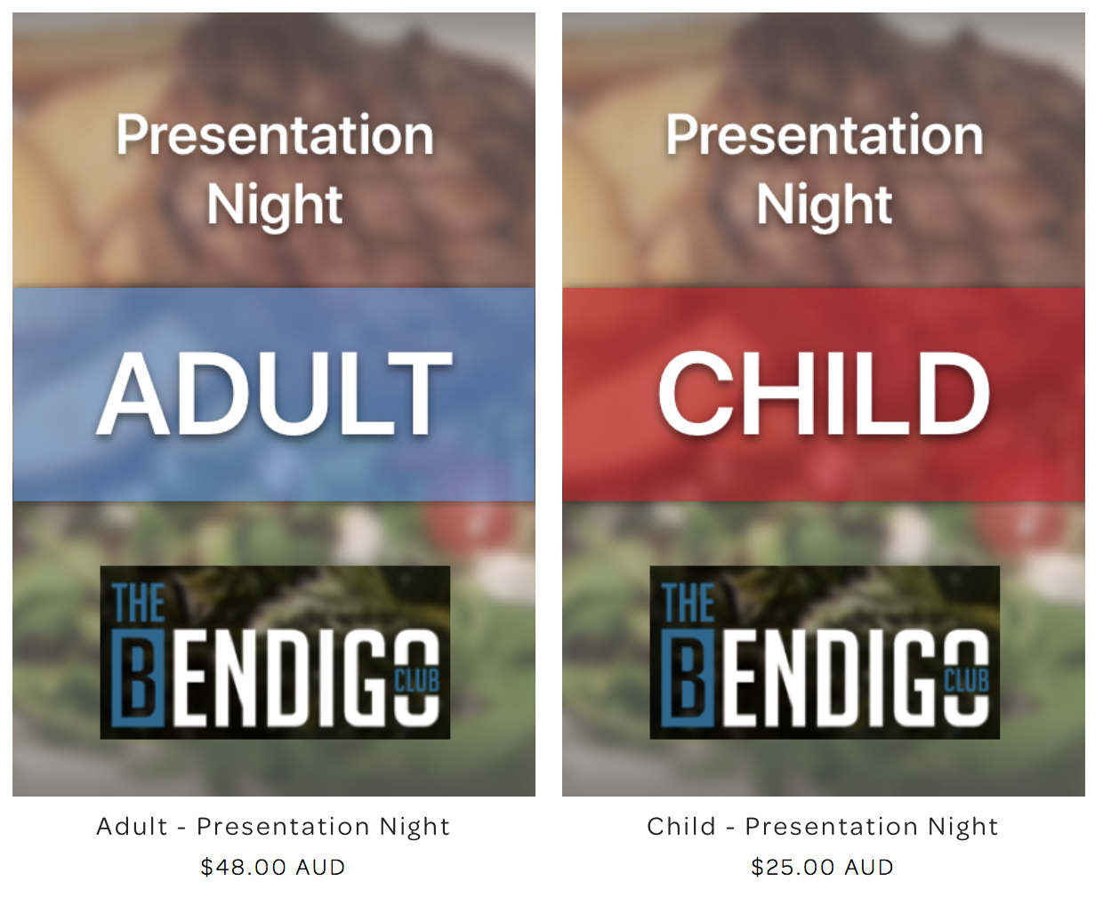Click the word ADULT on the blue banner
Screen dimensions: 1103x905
[274, 393]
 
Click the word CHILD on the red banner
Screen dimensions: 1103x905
[823, 393]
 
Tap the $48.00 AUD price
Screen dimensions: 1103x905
[272, 868]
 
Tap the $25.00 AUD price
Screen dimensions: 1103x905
[822, 868]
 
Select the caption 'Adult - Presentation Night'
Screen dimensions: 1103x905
[273, 827]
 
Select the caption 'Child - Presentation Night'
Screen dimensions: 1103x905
[823, 827]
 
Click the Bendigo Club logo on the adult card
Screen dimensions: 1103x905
[275, 652]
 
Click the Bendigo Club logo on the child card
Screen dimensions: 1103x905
[825, 652]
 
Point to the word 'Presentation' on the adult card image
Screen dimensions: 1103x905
[275, 135]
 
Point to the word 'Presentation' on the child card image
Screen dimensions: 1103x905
[825, 135]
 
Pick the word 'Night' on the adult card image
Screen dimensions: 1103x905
[275, 206]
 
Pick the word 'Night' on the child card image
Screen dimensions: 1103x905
[825, 206]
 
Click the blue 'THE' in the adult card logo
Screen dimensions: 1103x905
[138, 603]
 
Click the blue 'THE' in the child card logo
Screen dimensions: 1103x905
[688, 603]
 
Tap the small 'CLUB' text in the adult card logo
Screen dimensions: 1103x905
[417, 680]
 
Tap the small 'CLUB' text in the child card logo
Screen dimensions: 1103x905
[967, 680]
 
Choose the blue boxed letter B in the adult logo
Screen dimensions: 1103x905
[139, 678]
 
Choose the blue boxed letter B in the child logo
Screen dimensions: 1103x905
[688, 678]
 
